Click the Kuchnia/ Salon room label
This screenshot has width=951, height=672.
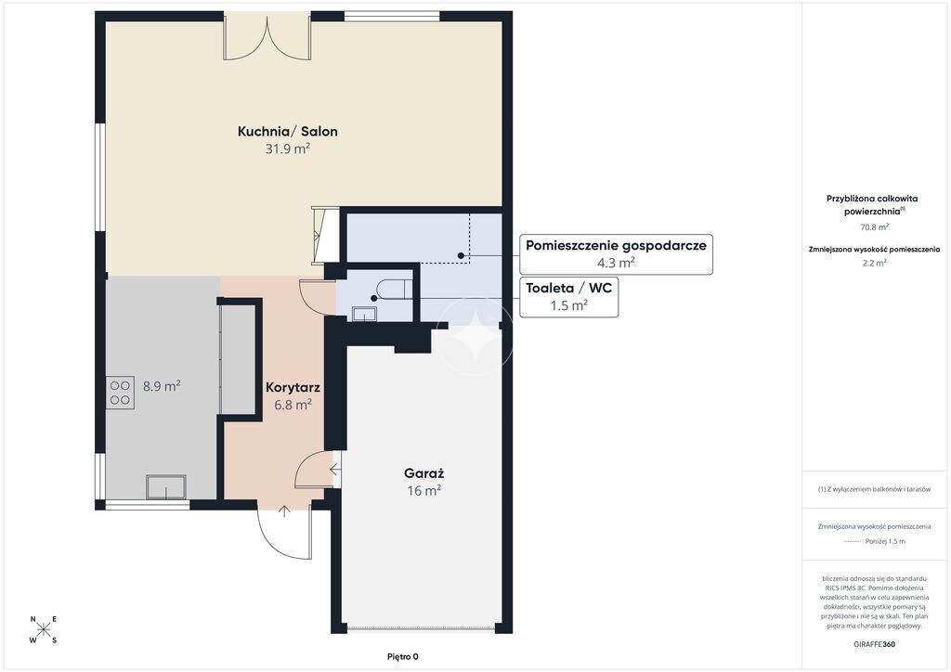tap(288, 132)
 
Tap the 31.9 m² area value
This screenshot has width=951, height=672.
tap(288, 149)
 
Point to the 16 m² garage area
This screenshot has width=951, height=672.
tap(423, 490)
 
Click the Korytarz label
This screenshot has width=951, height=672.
tap(293, 388)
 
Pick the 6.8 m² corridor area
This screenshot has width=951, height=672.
tap(293, 405)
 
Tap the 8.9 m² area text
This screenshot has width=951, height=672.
tap(162, 386)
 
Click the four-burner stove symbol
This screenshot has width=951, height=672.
tap(120, 393)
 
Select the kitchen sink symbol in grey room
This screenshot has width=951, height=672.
tap(165, 487)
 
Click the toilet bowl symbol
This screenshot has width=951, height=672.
tap(390, 289)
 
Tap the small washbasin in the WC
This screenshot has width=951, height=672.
tap(365, 314)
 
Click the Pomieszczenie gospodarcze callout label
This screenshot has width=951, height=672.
tap(616, 254)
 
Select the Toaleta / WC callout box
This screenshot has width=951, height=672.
tap(569, 297)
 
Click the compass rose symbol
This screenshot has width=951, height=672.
tap(44, 629)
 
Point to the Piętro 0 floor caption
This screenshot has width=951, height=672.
tap(403, 657)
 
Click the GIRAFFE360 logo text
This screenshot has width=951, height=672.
tap(874, 644)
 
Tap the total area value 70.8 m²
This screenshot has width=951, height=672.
tap(874, 227)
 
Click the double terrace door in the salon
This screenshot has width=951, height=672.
tap(267, 37)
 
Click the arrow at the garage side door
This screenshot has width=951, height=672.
tap(336, 469)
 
